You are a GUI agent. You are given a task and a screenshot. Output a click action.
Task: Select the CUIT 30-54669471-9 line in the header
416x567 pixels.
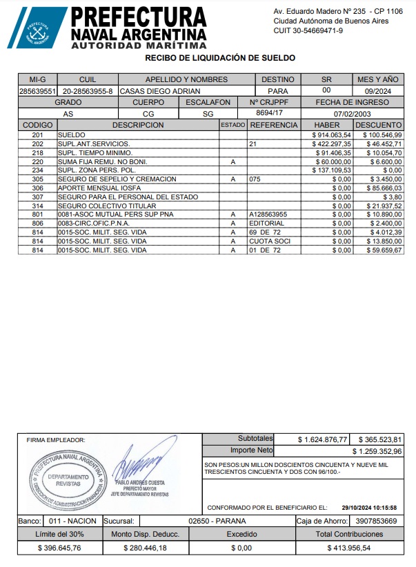point(308,31)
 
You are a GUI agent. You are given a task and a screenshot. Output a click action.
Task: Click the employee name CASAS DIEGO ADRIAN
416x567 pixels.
point(160,91)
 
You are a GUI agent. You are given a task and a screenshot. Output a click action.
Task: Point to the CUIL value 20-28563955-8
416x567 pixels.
point(88,91)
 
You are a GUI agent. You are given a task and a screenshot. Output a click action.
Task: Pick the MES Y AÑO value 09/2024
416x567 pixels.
point(378,91)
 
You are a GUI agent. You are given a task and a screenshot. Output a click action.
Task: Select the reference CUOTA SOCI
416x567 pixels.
point(267,241)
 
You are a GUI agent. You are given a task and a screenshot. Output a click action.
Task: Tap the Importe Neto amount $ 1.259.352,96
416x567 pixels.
point(377,451)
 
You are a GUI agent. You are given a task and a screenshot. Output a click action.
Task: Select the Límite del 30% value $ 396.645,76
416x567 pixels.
point(59,548)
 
